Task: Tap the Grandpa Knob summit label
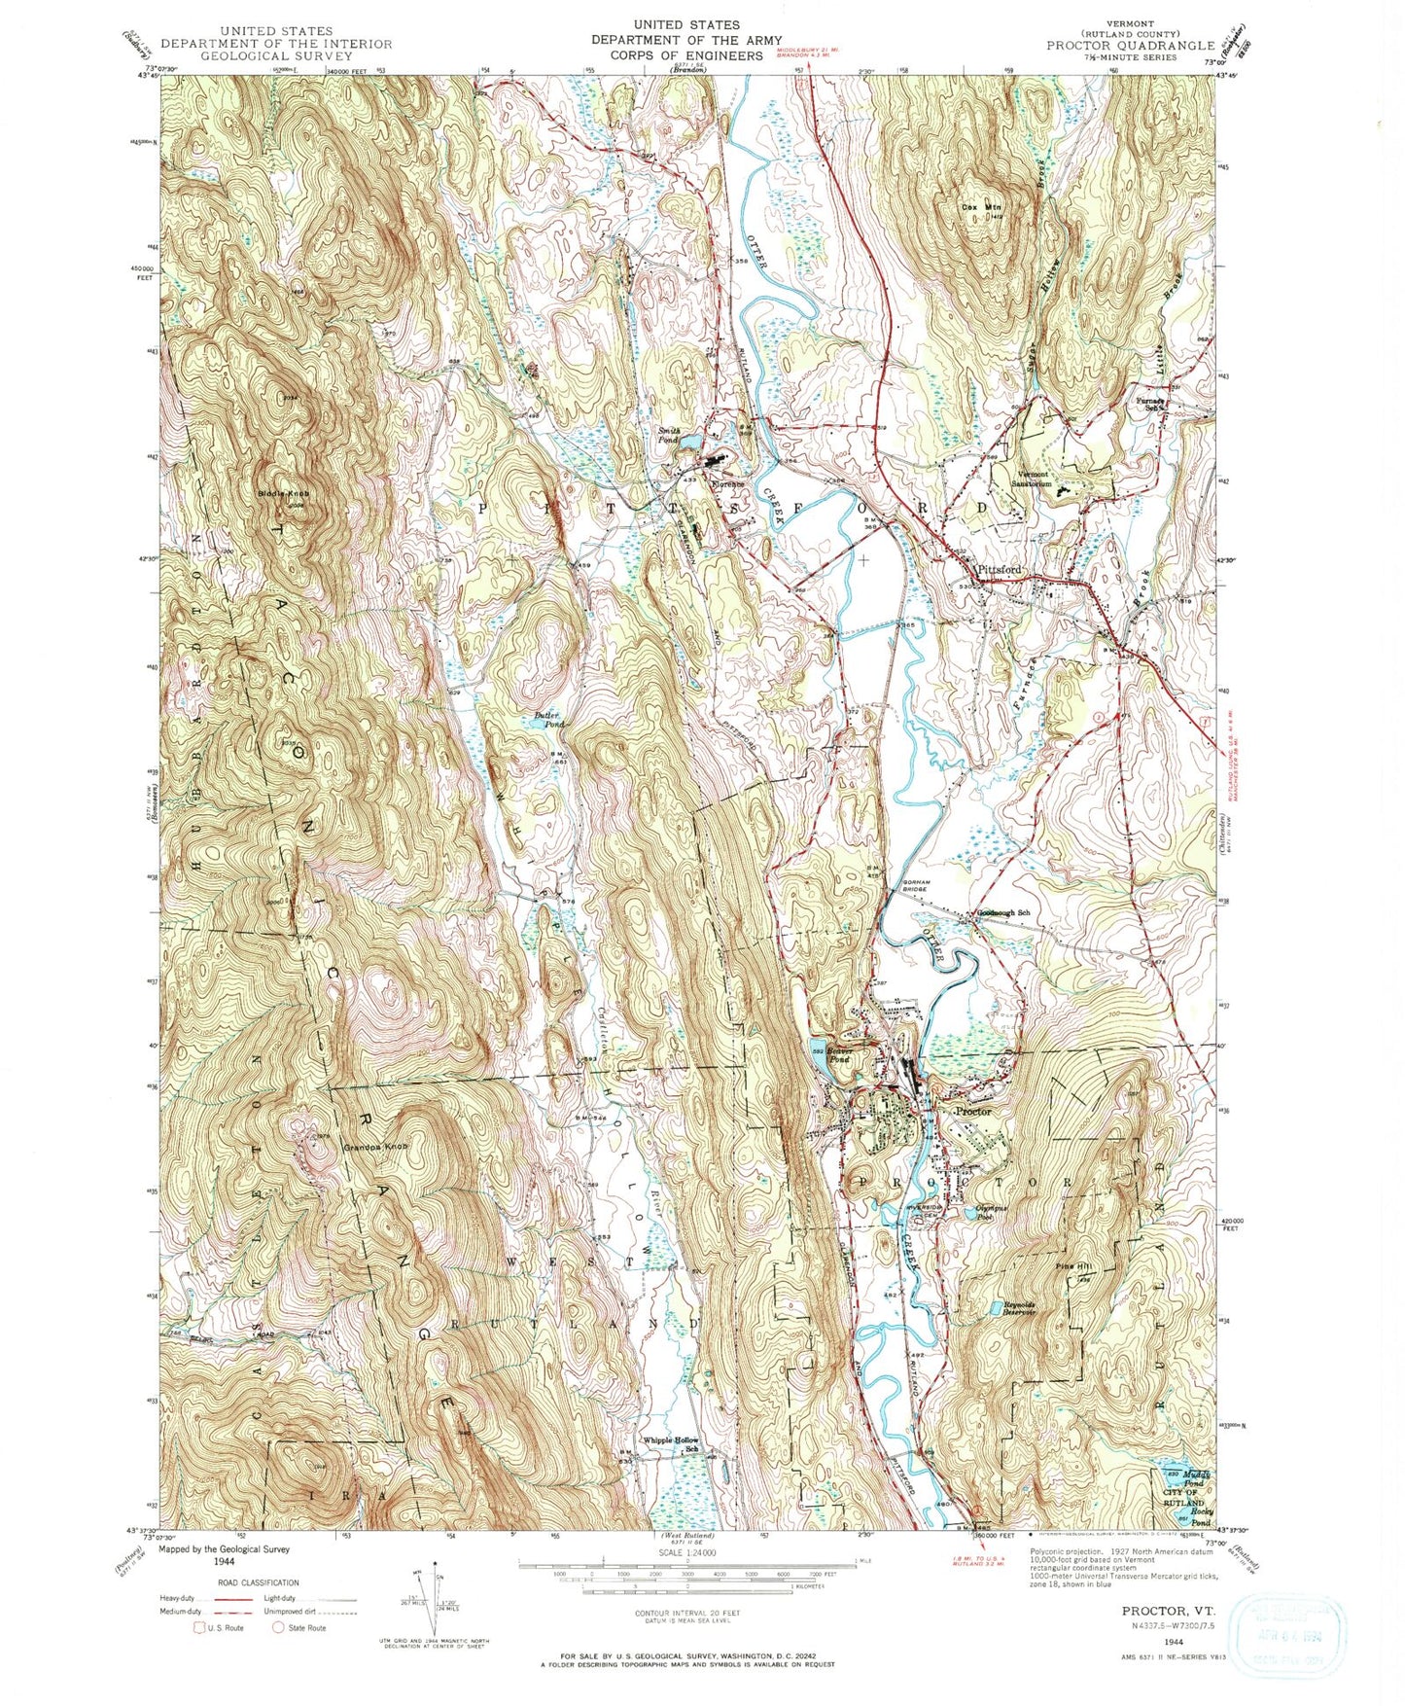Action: pyautogui.click(x=374, y=1148)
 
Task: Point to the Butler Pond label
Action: pyautogui.click(x=548, y=721)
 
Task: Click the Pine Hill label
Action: pyautogui.click(x=1072, y=1267)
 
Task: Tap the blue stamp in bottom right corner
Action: pyautogui.click(x=1289, y=1636)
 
